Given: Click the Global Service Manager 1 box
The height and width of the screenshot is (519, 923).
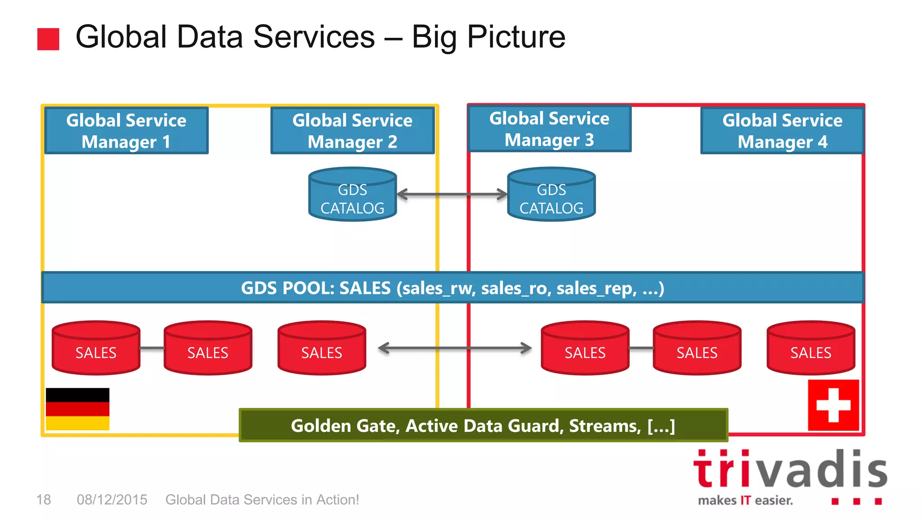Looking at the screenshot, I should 126,131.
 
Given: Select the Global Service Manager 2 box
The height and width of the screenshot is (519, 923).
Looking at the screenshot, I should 352,131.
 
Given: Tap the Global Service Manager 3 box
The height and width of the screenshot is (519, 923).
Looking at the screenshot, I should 549,129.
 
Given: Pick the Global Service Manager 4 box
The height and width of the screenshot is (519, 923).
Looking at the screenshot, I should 782,131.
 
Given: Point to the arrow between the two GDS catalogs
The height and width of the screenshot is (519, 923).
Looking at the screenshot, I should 452,195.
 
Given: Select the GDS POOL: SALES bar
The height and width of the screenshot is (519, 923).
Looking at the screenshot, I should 452,288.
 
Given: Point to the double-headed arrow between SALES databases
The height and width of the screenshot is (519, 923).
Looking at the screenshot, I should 455,348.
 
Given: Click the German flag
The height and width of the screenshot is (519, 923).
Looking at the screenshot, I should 78,409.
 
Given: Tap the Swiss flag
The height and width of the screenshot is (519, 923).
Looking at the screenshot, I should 833,405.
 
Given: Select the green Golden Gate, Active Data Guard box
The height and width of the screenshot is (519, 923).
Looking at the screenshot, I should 483,425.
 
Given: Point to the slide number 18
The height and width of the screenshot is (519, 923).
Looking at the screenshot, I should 44,500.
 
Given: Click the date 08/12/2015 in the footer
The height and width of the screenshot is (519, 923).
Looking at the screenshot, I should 112,500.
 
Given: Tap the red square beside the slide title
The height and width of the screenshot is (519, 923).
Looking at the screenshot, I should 48,39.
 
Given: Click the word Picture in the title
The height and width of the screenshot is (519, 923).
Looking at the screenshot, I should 516,37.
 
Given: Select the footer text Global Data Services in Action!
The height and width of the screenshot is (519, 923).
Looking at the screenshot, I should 262,500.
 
